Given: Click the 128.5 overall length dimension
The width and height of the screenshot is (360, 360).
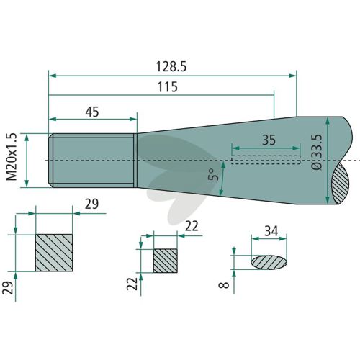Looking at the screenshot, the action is pyautogui.click(x=171, y=66).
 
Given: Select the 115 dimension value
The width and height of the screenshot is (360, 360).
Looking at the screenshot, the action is pyautogui.click(x=168, y=87).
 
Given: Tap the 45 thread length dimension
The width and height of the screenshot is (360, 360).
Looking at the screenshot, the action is pyautogui.click(x=92, y=112).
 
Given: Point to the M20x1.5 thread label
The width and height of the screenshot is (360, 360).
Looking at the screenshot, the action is pyautogui.click(x=12, y=156).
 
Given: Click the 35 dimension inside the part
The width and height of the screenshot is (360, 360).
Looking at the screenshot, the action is pyautogui.click(x=269, y=140).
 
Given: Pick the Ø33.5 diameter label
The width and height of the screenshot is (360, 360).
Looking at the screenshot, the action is pyautogui.click(x=318, y=152).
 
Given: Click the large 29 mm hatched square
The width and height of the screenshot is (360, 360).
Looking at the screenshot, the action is pyautogui.click(x=54, y=253).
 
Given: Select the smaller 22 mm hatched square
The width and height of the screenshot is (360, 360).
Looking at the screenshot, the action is pyautogui.click(x=166, y=261).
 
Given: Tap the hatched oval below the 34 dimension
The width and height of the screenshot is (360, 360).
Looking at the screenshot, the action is pyautogui.click(x=269, y=262).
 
